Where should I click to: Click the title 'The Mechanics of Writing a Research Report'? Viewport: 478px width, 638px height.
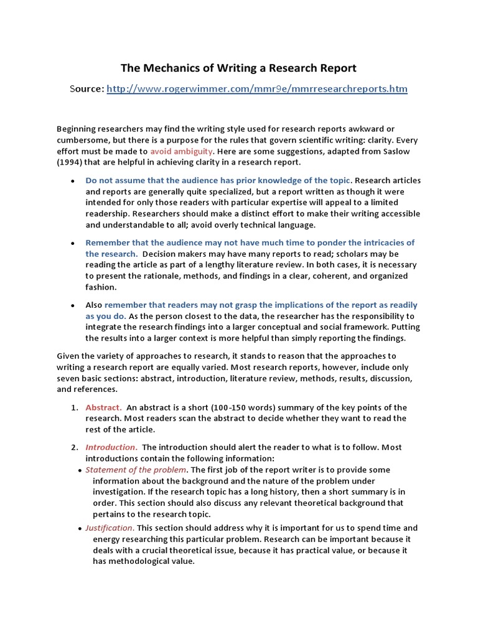[x=238, y=67]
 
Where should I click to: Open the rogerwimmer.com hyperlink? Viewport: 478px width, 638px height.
[x=257, y=89]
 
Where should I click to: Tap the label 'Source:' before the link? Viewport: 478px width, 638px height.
[x=87, y=89]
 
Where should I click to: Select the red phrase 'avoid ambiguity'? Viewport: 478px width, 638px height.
[x=182, y=151]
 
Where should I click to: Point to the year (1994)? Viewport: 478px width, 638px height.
[x=70, y=162]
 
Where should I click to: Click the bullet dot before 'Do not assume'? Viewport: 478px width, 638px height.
[x=73, y=181]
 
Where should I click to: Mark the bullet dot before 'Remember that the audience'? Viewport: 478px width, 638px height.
[x=73, y=243]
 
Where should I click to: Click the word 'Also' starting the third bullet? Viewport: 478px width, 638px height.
[x=94, y=305]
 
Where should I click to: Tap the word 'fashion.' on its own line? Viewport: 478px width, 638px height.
[x=101, y=287]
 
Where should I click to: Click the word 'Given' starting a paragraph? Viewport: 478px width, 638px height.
[x=68, y=356]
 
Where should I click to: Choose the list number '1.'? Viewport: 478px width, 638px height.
[x=74, y=407]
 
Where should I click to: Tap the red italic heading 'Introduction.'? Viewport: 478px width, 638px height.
[x=111, y=447]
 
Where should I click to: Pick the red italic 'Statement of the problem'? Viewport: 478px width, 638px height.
[x=136, y=469]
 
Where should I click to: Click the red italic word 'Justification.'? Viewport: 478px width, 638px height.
[x=110, y=527]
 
